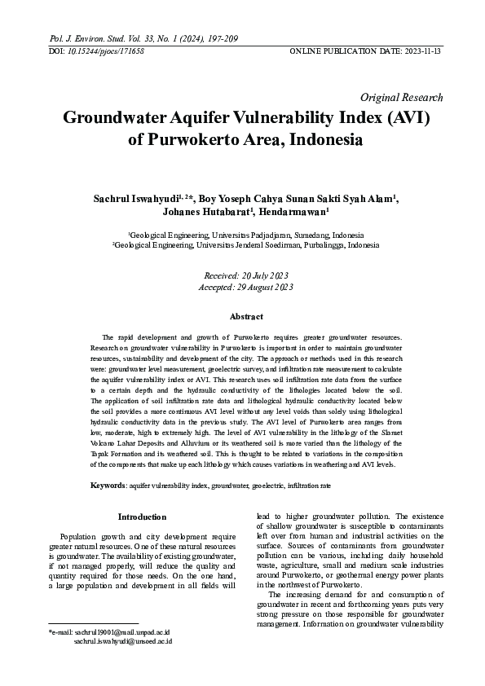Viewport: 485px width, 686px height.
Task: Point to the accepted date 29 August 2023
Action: point(266,287)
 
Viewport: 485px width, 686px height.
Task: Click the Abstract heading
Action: point(246,316)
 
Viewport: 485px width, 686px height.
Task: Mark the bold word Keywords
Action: point(108,486)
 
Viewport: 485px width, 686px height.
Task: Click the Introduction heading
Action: point(143,517)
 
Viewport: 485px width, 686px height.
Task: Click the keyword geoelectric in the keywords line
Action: point(271,486)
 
